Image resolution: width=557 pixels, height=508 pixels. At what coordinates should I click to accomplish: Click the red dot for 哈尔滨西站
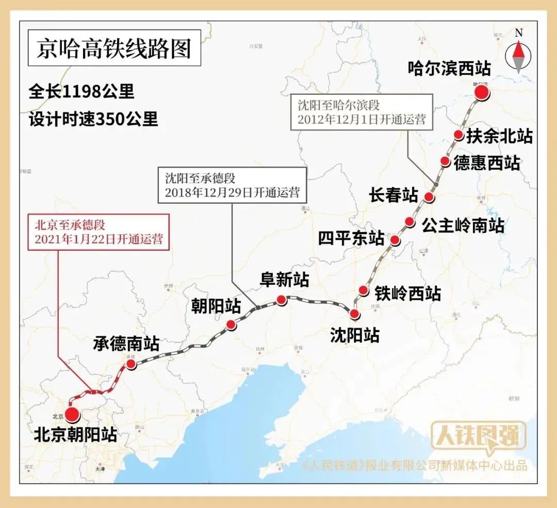[x=482, y=93]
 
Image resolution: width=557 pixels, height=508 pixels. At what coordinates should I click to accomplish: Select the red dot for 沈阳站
[x=354, y=314]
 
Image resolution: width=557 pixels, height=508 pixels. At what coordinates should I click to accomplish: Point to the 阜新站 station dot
[x=281, y=299]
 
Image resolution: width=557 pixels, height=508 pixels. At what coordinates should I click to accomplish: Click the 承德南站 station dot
[x=131, y=364]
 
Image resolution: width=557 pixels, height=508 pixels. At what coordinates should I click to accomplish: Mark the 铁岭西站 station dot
[x=364, y=290]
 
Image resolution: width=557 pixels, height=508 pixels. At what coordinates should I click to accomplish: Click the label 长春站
[x=394, y=195]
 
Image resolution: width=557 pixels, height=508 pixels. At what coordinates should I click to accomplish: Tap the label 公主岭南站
[x=463, y=225]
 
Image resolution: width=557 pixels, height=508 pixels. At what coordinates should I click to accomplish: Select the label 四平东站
[x=351, y=239]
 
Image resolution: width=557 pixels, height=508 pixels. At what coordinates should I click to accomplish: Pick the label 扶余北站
[x=499, y=136]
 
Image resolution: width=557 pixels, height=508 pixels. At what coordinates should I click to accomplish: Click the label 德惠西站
[x=486, y=163]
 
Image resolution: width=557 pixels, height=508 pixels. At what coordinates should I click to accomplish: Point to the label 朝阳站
[x=217, y=306]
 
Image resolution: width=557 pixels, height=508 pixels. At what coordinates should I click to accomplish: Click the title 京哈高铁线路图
[x=114, y=49]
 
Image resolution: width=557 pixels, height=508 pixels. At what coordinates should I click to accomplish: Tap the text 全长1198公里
[x=81, y=92]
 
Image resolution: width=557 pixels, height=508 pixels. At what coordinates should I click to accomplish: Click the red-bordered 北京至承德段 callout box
[x=99, y=232]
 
